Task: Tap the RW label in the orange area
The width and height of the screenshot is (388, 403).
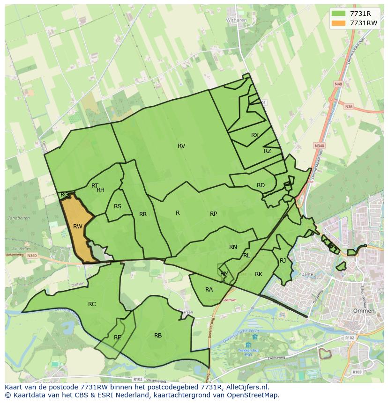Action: tap(78, 227)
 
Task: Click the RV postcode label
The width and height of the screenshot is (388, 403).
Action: tap(181, 146)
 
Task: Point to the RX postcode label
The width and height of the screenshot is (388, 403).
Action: tap(255, 135)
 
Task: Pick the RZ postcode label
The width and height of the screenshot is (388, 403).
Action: tap(268, 151)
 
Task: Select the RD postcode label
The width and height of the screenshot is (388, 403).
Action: tap(261, 185)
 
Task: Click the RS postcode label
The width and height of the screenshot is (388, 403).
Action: tap(118, 206)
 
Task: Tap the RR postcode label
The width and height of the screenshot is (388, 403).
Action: tap(143, 214)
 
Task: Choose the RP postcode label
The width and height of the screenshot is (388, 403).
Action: tap(213, 214)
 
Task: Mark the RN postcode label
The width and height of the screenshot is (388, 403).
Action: tap(233, 247)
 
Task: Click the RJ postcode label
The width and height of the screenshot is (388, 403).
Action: tap(283, 261)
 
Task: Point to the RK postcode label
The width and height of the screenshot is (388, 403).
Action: tap(259, 274)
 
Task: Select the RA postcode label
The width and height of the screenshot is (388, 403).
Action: tap(209, 290)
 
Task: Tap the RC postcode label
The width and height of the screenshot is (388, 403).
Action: tap(92, 304)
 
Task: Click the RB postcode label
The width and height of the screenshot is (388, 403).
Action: tap(158, 336)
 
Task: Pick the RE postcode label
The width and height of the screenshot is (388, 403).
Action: tap(118, 337)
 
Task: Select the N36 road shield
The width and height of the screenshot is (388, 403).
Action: tap(348, 107)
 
